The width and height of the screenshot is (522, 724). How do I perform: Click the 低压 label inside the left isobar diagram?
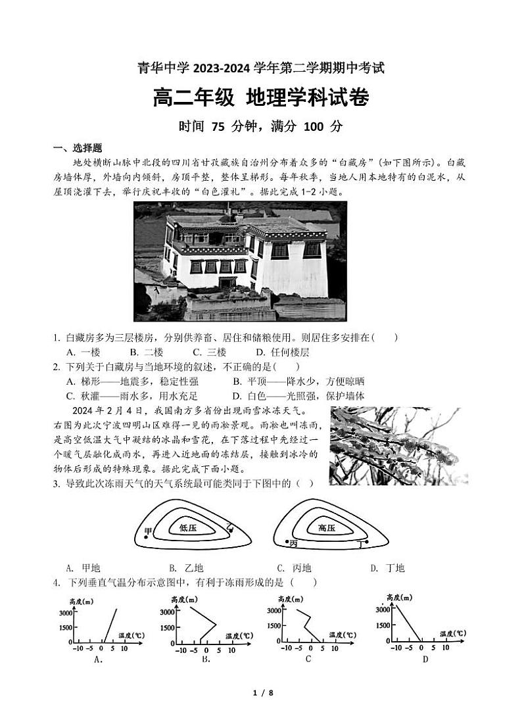point(188,527)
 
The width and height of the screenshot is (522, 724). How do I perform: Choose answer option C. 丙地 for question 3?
point(293,568)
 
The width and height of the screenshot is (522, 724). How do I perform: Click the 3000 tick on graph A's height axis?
point(62,612)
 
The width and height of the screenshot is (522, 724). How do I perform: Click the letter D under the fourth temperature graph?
point(425,658)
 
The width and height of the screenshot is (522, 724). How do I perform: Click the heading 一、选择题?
point(78,148)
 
